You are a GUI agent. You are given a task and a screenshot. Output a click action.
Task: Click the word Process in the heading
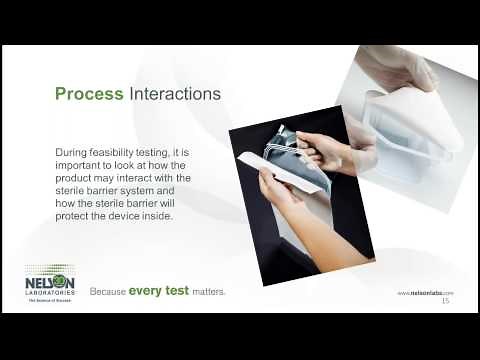[89, 94]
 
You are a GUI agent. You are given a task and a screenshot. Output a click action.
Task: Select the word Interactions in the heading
[176, 94]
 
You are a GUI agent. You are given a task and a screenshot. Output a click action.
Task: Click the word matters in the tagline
[206, 292]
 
